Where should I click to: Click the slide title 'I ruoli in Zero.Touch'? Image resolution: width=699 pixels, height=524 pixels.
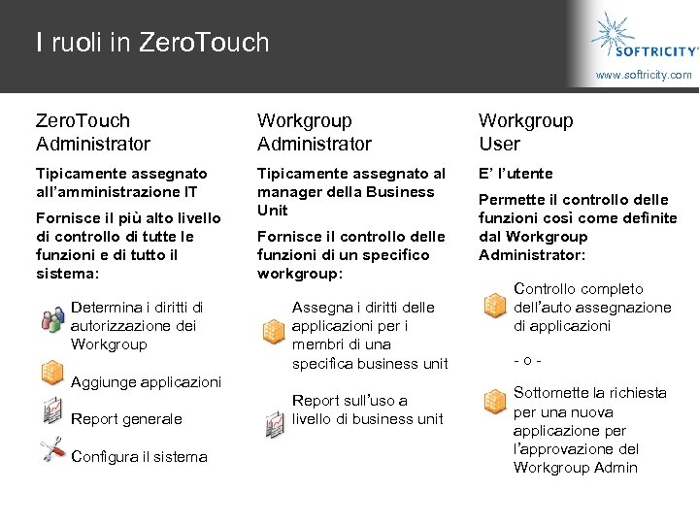coord(151,43)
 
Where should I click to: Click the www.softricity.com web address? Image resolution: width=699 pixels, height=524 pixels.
coord(644,75)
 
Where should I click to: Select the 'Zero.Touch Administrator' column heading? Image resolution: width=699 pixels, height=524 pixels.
coord(93,132)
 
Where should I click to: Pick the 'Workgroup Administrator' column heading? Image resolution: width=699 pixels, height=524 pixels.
coord(315,132)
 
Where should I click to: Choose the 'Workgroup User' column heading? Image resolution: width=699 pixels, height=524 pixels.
coord(526,132)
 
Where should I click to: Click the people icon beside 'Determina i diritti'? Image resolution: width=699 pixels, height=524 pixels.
coord(52,317)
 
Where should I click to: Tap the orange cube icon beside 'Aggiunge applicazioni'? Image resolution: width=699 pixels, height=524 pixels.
coord(52,373)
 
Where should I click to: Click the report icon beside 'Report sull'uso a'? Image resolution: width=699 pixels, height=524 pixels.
coord(275,424)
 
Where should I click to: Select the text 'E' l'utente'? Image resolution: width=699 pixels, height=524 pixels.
coord(516,174)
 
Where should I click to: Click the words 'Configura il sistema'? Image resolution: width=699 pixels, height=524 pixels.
coord(139,457)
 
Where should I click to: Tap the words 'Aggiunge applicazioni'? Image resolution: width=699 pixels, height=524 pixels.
coord(146,382)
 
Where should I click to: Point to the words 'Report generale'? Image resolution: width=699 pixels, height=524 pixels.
coord(126,419)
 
